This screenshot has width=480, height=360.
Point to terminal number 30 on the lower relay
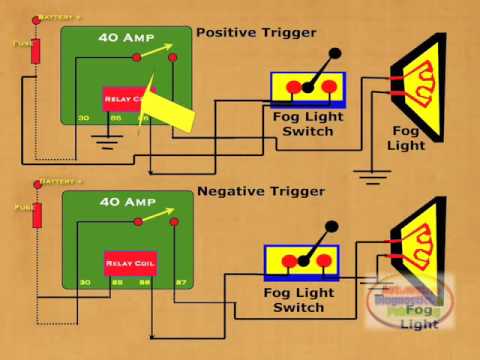85,284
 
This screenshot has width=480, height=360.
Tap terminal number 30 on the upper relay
85,119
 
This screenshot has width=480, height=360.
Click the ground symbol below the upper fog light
372,179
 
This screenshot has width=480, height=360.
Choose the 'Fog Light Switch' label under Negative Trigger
299,300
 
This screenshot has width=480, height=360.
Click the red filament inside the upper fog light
424,84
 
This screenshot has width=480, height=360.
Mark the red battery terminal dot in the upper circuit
36,19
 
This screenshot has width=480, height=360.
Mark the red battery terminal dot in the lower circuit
36,183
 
